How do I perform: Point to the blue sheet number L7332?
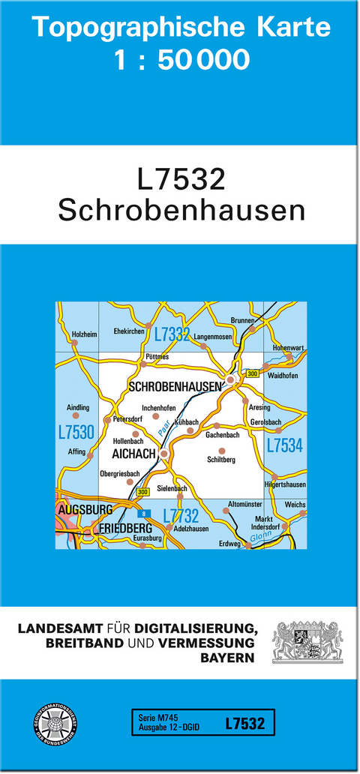point(172,334)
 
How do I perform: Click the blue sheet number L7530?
point(76,432)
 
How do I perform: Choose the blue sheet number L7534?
point(284,445)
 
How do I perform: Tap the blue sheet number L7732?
point(181,515)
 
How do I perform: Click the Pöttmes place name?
point(158,357)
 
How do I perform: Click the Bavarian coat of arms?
point(307,641)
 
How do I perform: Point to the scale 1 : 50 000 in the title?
point(181,59)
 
